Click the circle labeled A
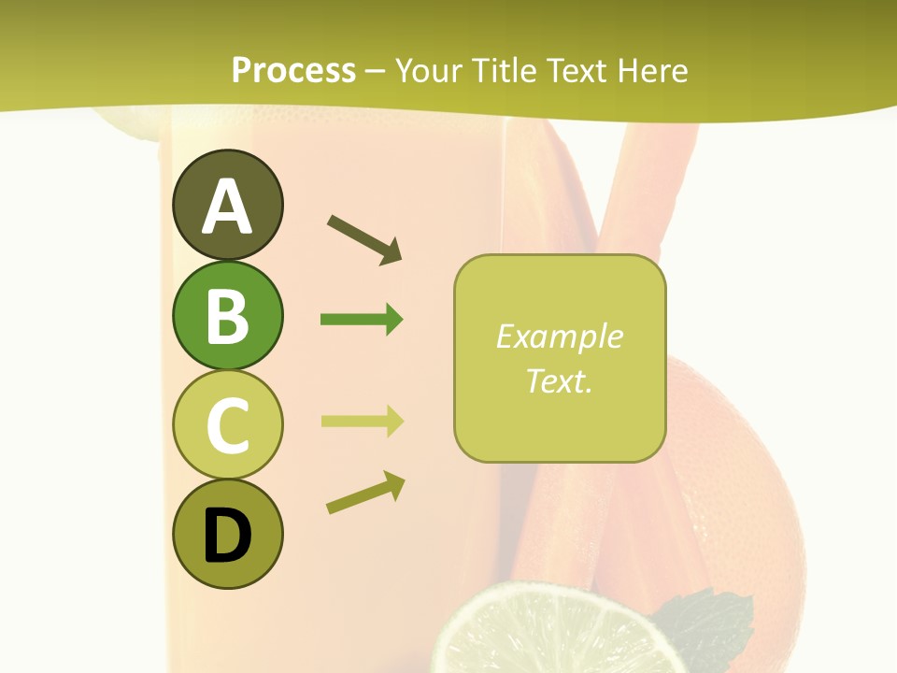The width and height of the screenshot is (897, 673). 227,205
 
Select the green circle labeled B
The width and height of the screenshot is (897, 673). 227,315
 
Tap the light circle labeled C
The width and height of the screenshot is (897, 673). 227,425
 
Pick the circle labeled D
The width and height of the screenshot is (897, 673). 227,535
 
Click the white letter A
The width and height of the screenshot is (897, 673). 227,207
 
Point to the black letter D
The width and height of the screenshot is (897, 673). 227,537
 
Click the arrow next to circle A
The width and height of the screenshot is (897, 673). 364,239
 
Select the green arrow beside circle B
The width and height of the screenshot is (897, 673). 362,320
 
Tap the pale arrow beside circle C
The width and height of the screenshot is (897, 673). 362,421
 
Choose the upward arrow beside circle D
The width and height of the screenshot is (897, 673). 365,492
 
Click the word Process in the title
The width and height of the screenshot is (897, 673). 293,71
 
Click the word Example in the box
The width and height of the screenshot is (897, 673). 559,336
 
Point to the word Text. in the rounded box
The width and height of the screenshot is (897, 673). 559,380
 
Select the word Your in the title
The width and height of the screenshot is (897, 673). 432,71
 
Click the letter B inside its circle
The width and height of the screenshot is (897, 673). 227,316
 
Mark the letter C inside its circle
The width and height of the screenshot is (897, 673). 227,426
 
